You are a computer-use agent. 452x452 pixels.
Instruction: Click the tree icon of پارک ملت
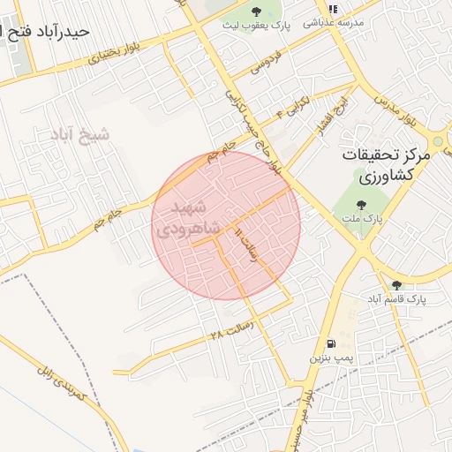click(360, 205)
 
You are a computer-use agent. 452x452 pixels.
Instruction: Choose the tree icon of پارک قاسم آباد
click(396, 284)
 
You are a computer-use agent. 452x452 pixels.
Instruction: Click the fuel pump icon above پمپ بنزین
click(331, 343)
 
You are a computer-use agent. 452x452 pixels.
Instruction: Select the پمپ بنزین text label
click(331, 358)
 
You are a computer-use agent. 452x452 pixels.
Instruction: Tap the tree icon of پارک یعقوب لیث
click(256, 11)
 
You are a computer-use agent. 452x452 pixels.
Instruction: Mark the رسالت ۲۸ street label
click(231, 331)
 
